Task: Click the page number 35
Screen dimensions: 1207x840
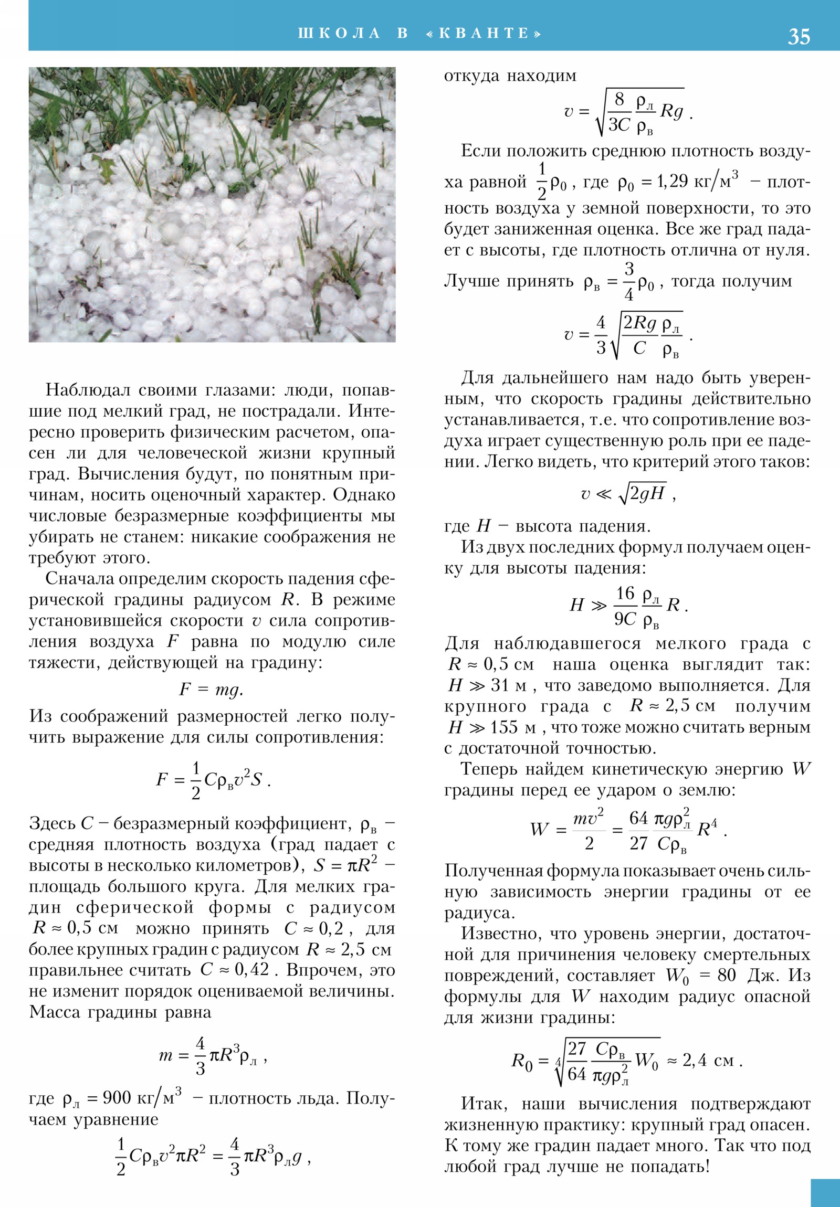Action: [799, 37]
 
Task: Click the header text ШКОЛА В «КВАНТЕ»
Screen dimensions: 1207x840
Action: [419, 34]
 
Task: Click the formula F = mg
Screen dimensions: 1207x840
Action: [211, 690]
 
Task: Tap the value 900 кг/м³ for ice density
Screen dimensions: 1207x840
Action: [142, 1098]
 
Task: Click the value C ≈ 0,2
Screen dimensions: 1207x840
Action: [314, 928]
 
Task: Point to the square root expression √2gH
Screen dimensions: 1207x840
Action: [642, 493]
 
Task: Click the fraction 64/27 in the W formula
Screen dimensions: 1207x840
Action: [638, 830]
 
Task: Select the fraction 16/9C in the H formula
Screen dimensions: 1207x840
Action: [625, 606]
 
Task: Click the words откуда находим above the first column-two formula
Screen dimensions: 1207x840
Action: [510, 76]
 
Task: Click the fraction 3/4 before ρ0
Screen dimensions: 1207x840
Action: [628, 282]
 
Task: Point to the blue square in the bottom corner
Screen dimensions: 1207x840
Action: [825, 1192]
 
